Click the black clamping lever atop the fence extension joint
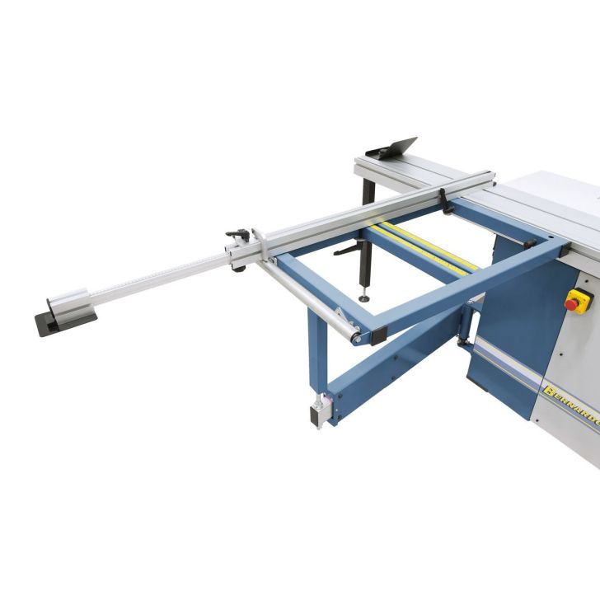pyautogui.click(x=238, y=234)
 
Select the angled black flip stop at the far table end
pyautogui.click(x=394, y=149)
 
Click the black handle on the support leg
pyautogui.click(x=347, y=247)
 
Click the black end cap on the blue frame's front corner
pyautogui.click(x=379, y=335)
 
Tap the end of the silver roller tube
pyautogui.click(x=354, y=337)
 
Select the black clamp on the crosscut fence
pyautogui.click(x=445, y=198)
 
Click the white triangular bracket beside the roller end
pyautogui.click(x=340, y=316)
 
